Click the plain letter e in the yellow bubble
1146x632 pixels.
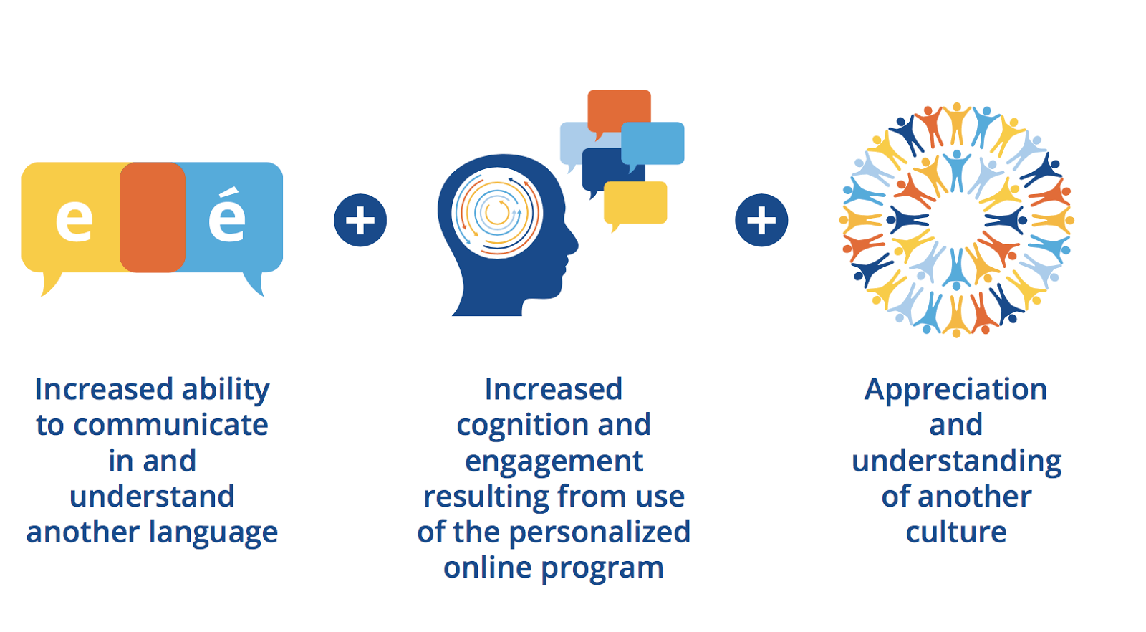point(74,219)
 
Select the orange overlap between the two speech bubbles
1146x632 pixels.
point(153,217)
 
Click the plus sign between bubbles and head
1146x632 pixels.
point(360,221)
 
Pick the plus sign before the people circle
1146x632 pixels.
point(761,221)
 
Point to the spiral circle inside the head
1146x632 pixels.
point(496,212)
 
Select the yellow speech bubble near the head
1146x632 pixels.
point(635,204)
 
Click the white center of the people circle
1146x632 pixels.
point(956,221)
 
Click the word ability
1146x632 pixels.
point(226,391)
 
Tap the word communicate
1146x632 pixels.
point(171,425)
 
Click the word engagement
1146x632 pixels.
point(554,462)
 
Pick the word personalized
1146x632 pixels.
point(600,533)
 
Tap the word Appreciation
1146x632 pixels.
point(955,391)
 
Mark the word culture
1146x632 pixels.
point(956,532)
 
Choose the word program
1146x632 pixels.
point(602,569)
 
